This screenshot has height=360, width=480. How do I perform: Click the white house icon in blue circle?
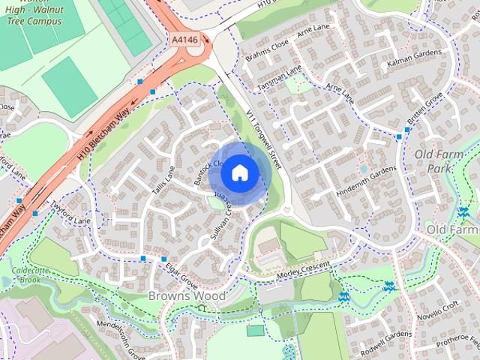pyautogui.click(x=240, y=172)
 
